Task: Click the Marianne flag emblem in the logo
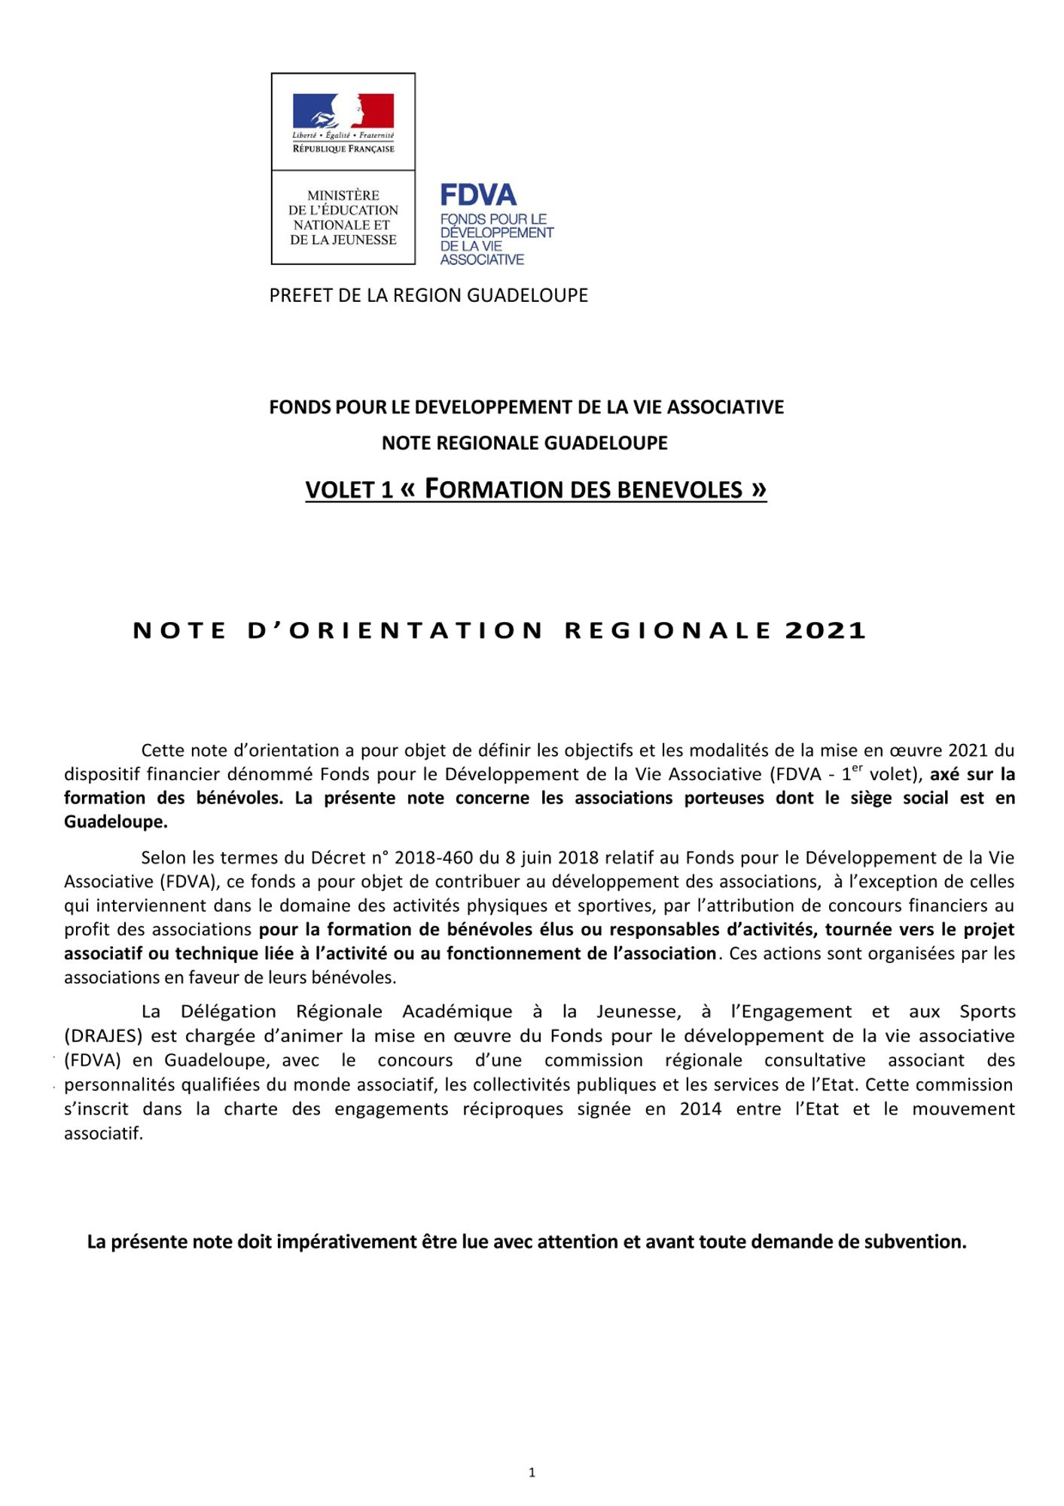(343, 111)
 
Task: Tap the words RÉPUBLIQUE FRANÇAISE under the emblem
(343, 149)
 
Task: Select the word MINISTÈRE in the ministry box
(343, 196)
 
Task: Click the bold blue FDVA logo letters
(478, 196)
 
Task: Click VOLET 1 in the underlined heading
(349, 490)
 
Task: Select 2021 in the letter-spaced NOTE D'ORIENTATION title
(825, 631)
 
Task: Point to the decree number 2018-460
(431, 857)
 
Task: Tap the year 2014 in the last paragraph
(700, 1108)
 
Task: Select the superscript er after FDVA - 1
(856, 770)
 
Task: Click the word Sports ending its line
(987, 1011)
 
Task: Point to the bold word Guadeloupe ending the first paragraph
(114, 822)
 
